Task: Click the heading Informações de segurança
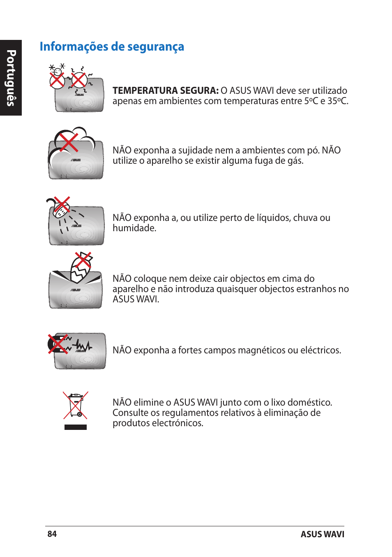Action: pos(112,47)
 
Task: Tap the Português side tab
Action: pos(11,78)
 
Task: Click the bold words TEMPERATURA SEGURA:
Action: pos(165,91)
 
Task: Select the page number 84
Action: pos(52,534)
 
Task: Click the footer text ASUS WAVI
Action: pos(322,534)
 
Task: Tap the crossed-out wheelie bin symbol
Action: pos(76,406)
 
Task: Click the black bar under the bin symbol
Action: pos(76,427)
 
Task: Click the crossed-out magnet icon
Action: pos(58,344)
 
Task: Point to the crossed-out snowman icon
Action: pos(57,77)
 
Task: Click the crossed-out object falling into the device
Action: pos(81,267)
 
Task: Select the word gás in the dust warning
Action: pos(295,161)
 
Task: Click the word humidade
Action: pos(134,228)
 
